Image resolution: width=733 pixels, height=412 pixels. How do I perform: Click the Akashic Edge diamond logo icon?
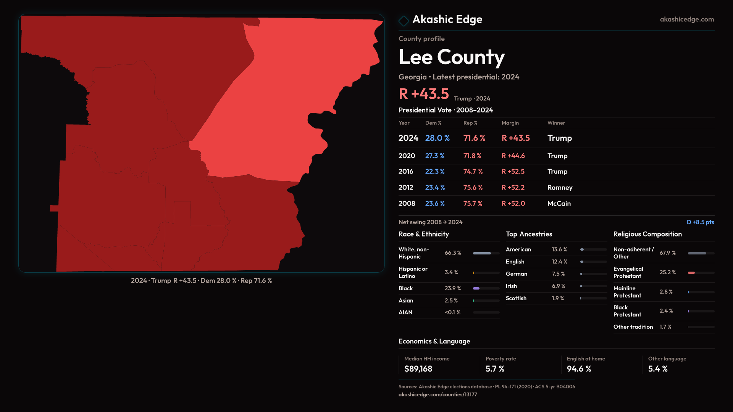click(404, 21)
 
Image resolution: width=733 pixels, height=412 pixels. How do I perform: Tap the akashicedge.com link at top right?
click(686, 19)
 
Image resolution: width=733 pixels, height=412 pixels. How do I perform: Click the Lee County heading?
click(451, 57)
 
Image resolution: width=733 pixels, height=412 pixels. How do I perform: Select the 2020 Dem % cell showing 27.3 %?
click(434, 156)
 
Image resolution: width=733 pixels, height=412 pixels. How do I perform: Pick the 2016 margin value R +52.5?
click(513, 172)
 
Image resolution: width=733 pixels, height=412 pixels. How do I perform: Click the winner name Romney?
click(560, 188)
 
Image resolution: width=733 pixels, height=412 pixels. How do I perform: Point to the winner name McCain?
click(559, 204)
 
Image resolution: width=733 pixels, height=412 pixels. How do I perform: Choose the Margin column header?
click(510, 123)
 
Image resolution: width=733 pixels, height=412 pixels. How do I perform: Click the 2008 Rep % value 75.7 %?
click(473, 204)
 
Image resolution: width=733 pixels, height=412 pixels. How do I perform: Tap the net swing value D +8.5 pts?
click(700, 222)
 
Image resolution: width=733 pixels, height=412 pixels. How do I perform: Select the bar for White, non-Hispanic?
click(486, 253)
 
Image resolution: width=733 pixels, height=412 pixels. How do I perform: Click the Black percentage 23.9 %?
click(452, 288)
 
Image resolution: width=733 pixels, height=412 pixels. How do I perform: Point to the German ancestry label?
click(516, 274)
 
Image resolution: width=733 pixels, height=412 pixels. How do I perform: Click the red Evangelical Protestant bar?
click(691, 273)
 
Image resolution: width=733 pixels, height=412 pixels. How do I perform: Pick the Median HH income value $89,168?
click(418, 369)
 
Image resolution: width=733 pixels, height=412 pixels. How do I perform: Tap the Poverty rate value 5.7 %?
click(495, 369)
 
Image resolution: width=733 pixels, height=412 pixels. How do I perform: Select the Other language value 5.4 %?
click(657, 369)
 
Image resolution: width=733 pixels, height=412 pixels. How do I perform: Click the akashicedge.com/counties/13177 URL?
click(438, 394)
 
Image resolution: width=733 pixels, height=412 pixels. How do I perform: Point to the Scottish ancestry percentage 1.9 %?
click(558, 298)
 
